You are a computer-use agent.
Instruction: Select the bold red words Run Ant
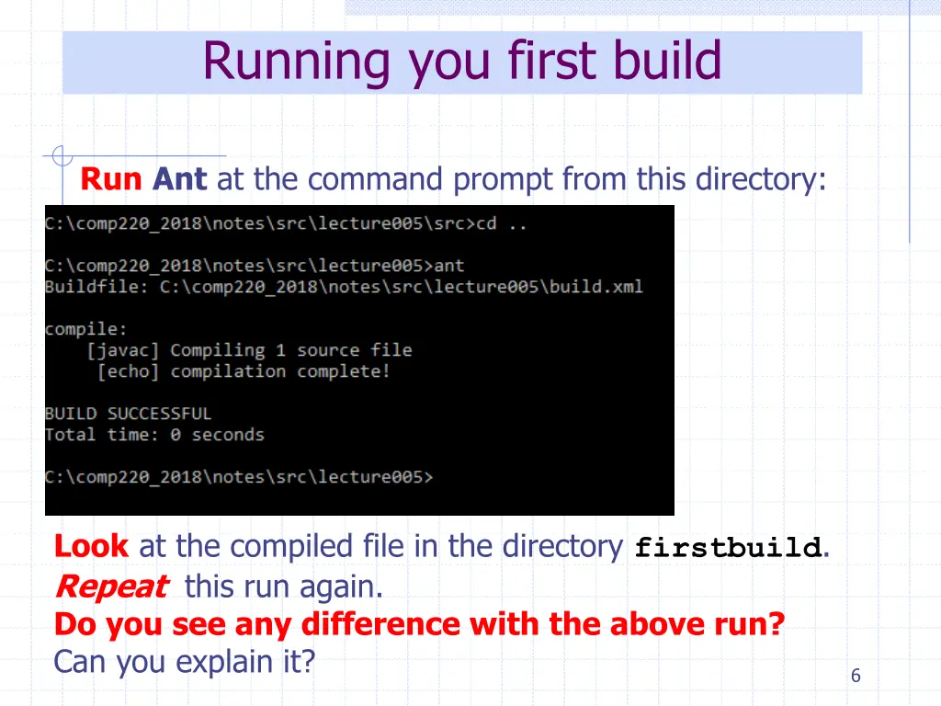point(143,179)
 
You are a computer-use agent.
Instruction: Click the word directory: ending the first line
point(761,179)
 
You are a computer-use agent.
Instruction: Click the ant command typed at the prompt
point(449,266)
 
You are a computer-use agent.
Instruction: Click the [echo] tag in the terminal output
point(128,371)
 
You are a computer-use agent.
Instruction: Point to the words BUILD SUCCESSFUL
point(128,414)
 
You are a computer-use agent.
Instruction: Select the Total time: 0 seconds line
point(154,435)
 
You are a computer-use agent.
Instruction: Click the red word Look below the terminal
point(91,547)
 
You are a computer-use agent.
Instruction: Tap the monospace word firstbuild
point(728,549)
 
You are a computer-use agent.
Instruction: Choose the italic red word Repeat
point(111,586)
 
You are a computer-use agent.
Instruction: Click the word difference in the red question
point(381,624)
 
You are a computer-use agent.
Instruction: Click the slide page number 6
point(856,676)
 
